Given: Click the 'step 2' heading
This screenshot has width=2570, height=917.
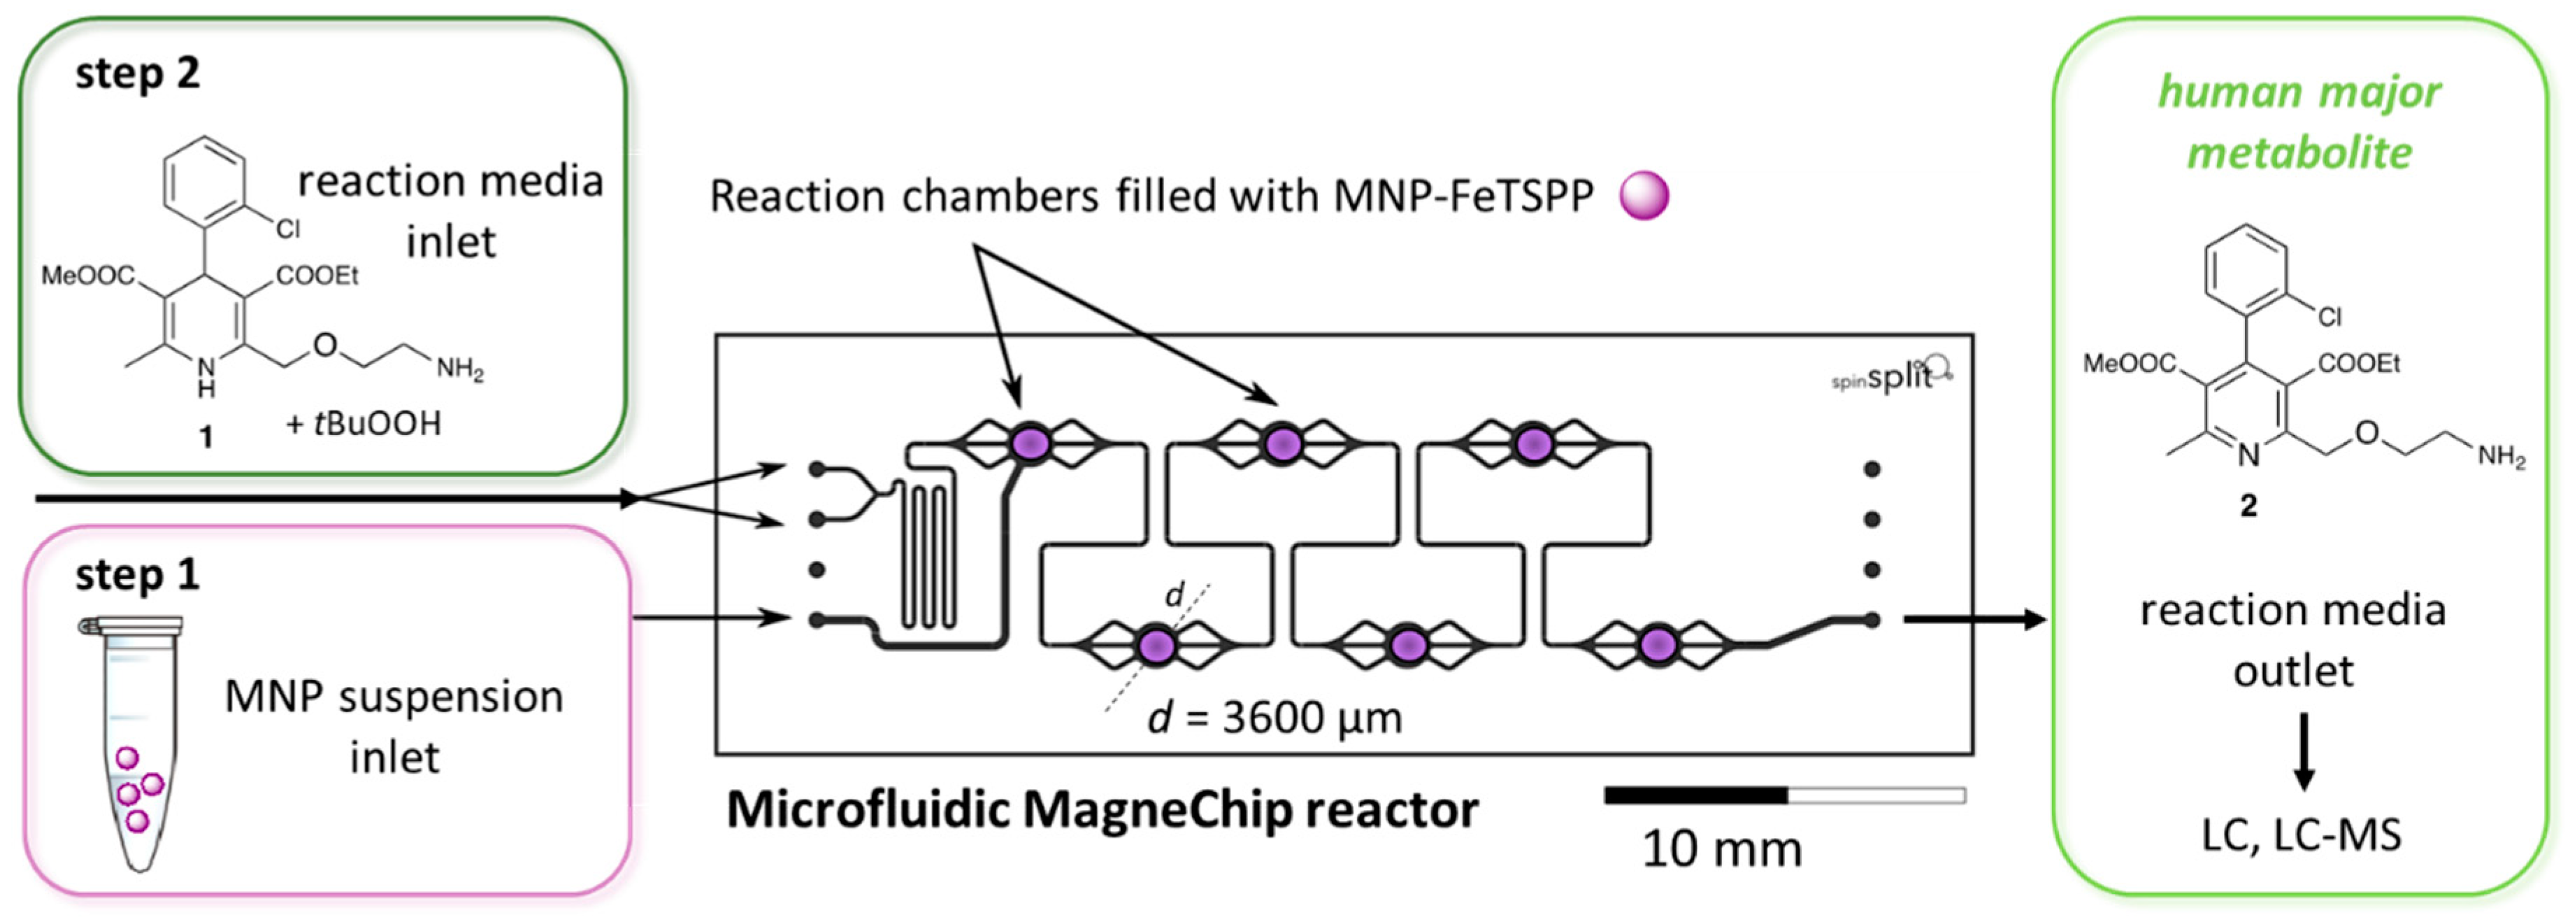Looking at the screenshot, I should pyautogui.click(x=138, y=74).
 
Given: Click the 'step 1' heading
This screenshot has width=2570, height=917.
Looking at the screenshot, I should pyautogui.click(x=138, y=575).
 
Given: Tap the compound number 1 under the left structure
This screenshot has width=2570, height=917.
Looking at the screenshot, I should pyautogui.click(x=206, y=437).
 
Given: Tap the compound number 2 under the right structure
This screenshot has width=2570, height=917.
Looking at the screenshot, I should pyautogui.click(x=2248, y=505).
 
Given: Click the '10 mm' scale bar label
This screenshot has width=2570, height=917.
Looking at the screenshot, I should pyautogui.click(x=1722, y=849).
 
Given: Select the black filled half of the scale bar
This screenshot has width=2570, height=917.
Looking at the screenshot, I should pyautogui.click(x=1695, y=795).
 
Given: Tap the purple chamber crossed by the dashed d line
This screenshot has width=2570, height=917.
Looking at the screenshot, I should pyautogui.click(x=1156, y=645).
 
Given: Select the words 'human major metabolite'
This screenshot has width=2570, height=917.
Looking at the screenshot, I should pyautogui.click(x=2299, y=122).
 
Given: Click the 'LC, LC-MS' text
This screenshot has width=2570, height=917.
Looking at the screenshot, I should pyautogui.click(x=2301, y=835).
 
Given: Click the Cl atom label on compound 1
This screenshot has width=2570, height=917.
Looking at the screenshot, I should pyautogui.click(x=287, y=229).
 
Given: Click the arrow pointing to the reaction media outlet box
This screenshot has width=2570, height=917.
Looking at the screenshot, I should pyautogui.click(x=1974, y=620).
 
